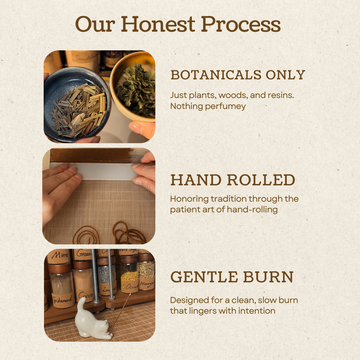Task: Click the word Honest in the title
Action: (x=158, y=25)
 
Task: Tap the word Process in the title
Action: (x=241, y=25)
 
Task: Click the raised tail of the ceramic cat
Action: (x=81, y=304)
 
